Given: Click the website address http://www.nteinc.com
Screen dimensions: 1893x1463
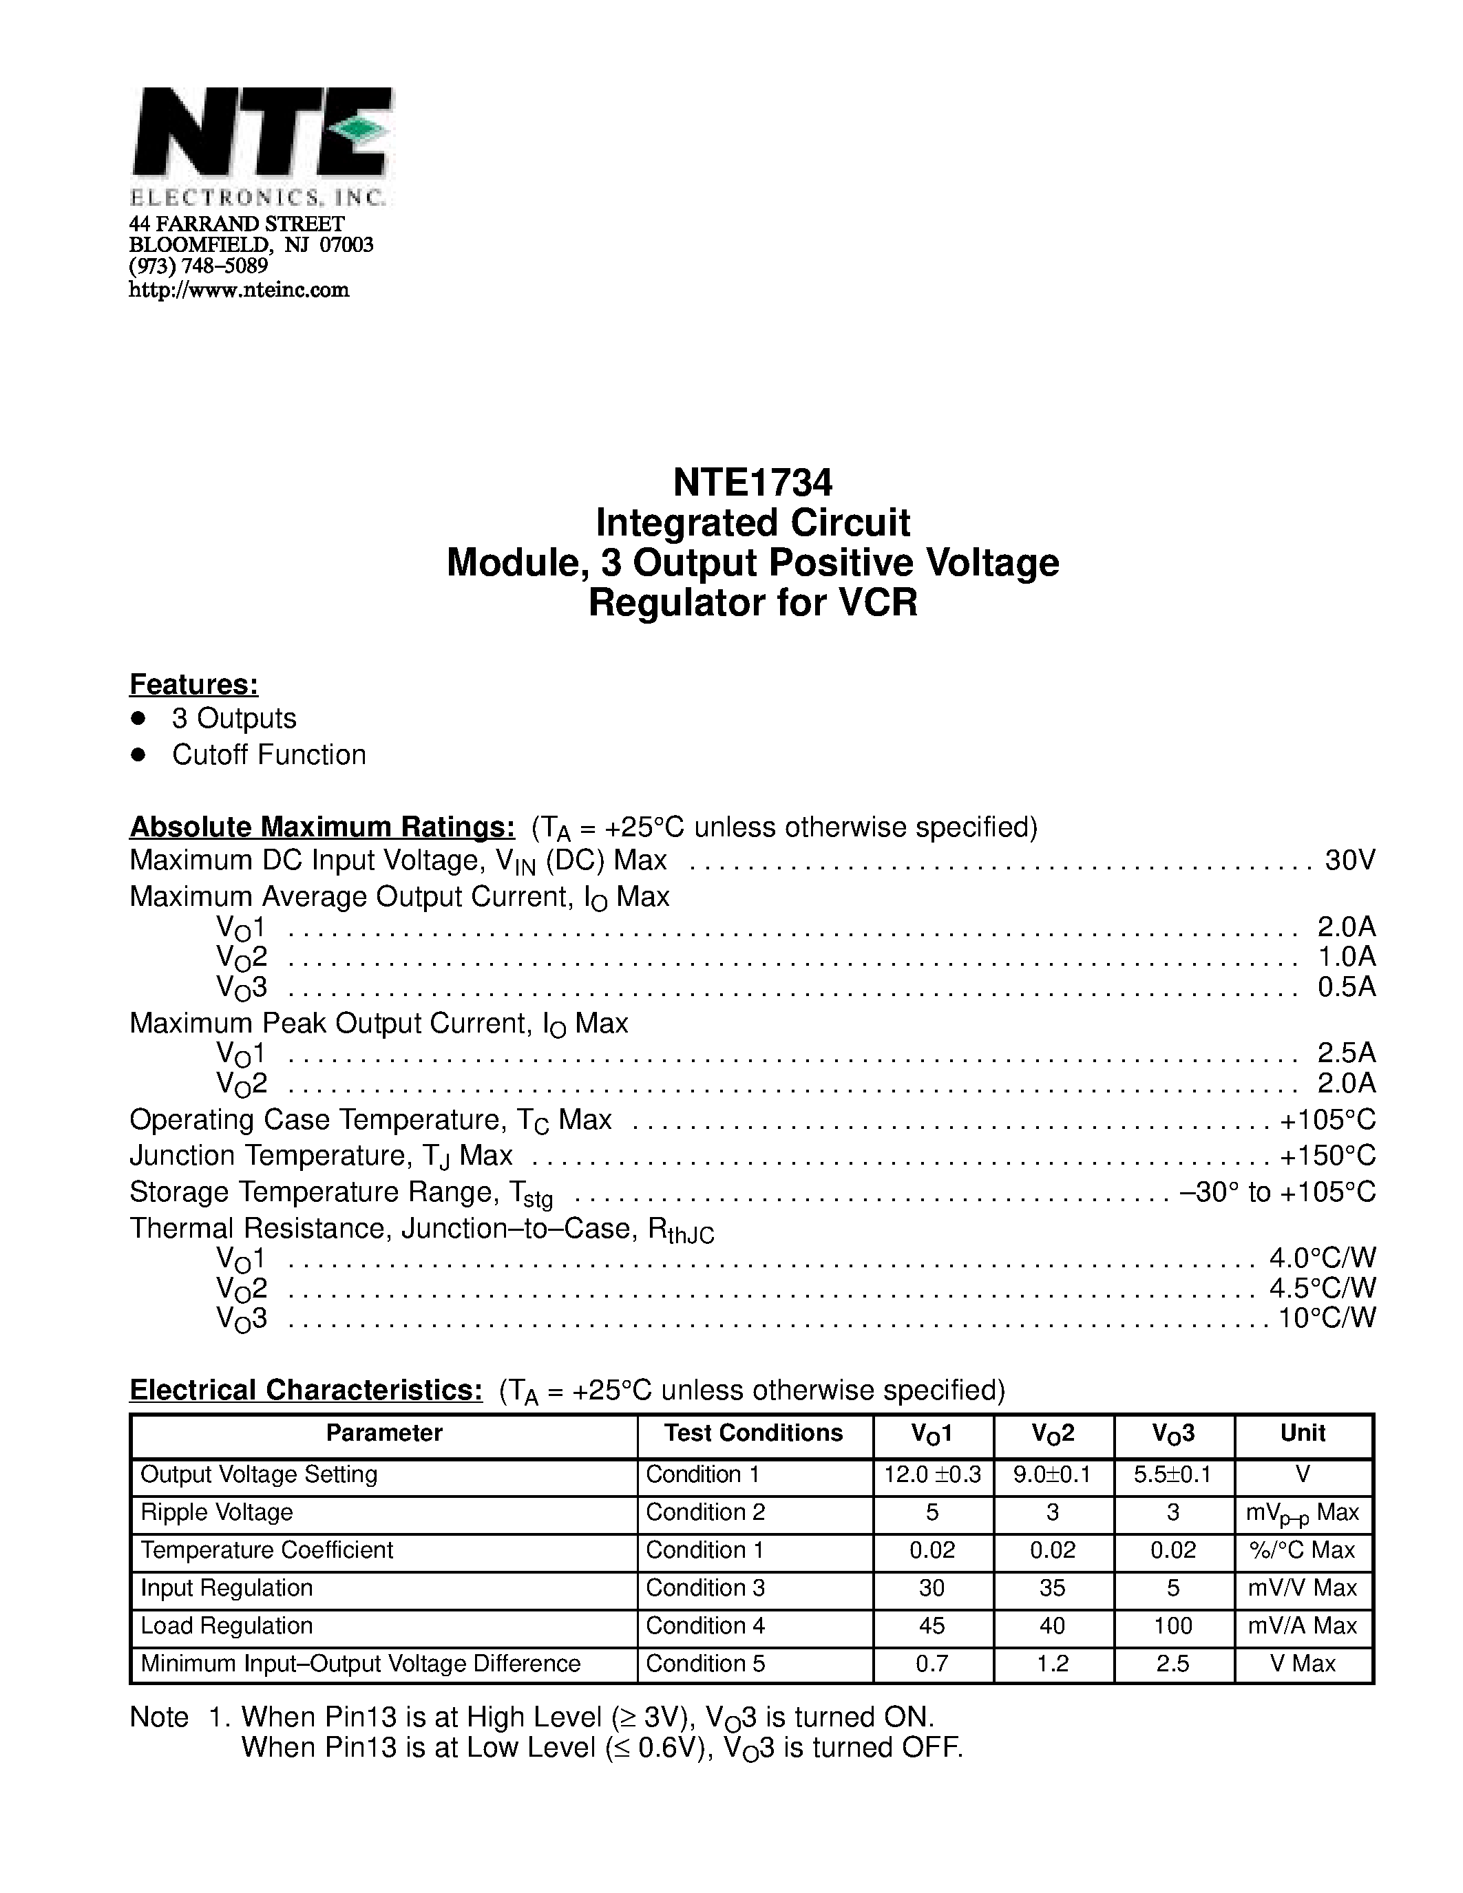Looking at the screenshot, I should pyautogui.click(x=238, y=290).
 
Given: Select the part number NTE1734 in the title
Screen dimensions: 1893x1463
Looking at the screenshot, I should pyautogui.click(x=752, y=482).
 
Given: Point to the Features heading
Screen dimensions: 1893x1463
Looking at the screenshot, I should pyautogui.click(x=193, y=685).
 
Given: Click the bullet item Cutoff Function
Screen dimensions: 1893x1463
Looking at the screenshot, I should pyautogui.click(x=269, y=755).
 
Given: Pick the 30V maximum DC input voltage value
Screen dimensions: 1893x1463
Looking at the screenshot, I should pyautogui.click(x=1349, y=860).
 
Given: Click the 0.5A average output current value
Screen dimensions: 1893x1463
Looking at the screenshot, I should pyautogui.click(x=1346, y=986).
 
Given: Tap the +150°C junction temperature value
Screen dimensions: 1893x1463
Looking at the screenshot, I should pyautogui.click(x=1327, y=1155).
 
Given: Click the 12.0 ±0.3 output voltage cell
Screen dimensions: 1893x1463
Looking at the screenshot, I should pyautogui.click(x=932, y=1474).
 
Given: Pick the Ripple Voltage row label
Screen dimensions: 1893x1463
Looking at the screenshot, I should pyautogui.click(x=217, y=1512).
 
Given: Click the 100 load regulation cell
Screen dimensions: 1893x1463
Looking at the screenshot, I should pyautogui.click(x=1172, y=1626).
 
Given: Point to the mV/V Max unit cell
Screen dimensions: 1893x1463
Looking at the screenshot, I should pyautogui.click(x=1302, y=1588).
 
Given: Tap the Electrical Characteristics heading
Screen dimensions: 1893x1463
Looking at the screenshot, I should pyautogui.click(x=306, y=1390).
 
